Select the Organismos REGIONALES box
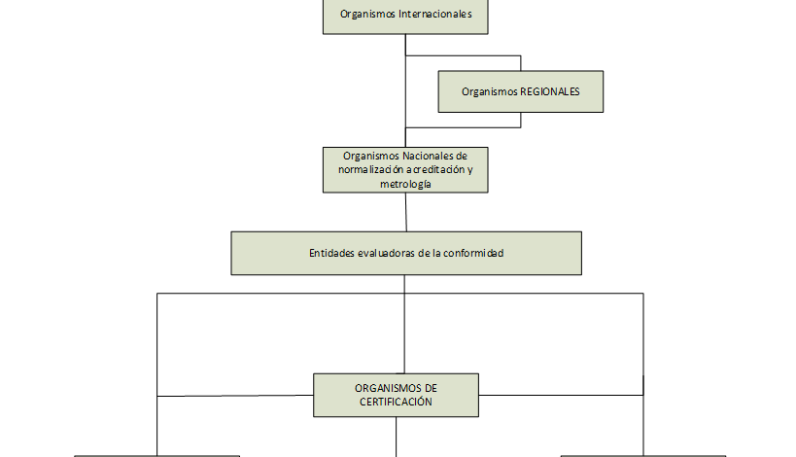tap(520, 91)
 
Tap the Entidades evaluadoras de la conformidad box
tap(405, 253)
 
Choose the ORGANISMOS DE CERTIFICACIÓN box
tap(396, 395)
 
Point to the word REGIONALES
tap(548, 91)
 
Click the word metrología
tap(405, 184)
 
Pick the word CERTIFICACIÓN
tap(396, 402)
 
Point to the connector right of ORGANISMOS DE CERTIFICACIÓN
tap(561, 395)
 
